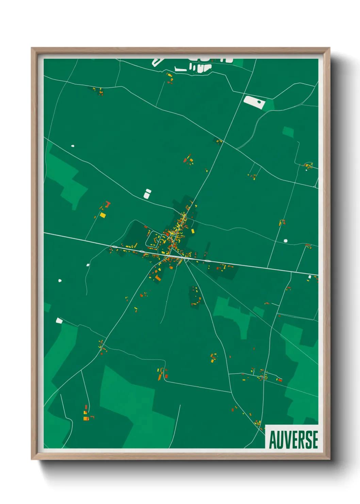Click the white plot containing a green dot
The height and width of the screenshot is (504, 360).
coord(254,102)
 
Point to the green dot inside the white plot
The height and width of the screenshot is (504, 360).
coord(259,101)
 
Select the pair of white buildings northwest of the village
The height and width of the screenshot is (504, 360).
coord(147,193)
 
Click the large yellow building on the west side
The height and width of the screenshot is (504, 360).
coord(103,215)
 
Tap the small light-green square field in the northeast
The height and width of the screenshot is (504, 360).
coord(288,132)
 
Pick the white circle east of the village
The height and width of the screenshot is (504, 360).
coord(285,241)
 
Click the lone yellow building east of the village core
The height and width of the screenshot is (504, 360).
coord(193,231)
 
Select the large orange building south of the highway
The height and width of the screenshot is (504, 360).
coord(158,278)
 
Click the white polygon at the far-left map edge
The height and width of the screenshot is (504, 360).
coord(59,320)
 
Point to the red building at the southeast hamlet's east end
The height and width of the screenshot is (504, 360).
coord(280,379)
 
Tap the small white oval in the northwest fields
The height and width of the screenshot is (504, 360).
coord(72,146)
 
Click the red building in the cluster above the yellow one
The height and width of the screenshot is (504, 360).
coord(108,204)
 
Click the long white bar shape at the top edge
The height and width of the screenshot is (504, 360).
coord(180,70)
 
